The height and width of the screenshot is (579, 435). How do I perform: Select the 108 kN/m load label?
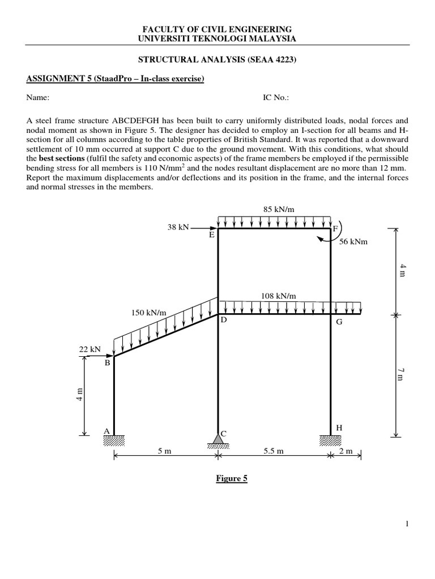pos(279,295)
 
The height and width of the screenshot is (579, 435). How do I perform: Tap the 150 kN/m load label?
pos(148,312)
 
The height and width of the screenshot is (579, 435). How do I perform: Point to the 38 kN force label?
pos(178,228)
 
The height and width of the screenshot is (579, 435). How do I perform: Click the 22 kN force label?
pos(88,349)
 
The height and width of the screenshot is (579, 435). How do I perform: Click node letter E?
pos(211,235)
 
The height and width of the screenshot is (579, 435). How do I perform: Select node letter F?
pos(335,228)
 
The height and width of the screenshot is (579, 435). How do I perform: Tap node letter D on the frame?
pos(224,319)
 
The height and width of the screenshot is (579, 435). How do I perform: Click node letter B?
pos(107,364)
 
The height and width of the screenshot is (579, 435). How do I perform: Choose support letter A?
pos(106,431)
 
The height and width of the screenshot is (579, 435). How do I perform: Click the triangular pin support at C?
pos(218,438)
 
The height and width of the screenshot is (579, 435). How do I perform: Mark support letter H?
pos(339,428)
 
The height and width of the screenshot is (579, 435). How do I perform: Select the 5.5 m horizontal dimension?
pos(272,451)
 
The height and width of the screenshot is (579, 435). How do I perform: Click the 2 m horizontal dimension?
pos(346,451)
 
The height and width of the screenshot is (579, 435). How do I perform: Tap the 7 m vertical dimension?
pos(401,374)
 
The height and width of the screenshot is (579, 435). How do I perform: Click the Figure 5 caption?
pos(231,478)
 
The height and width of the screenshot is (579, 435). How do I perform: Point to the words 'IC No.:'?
pos(276,97)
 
